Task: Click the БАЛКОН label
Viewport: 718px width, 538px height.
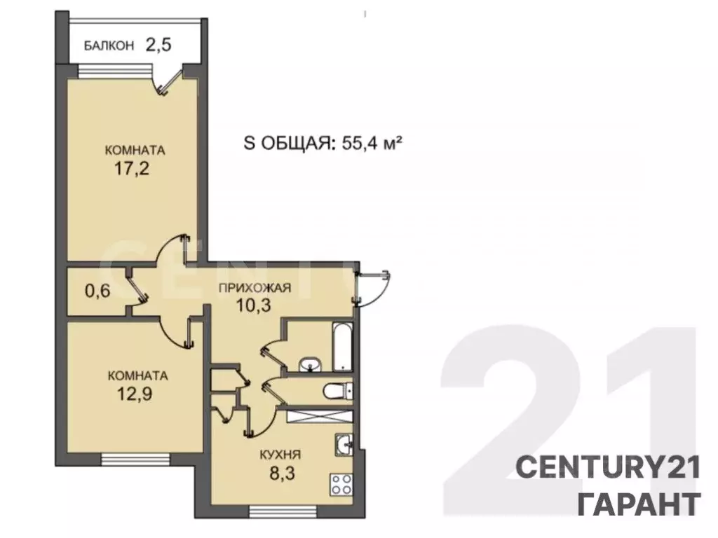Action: pos(109,47)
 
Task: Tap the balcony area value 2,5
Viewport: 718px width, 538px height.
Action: pos(158,46)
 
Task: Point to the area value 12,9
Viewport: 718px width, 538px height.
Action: pos(134,392)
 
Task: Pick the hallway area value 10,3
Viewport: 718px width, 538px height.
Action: pos(254,305)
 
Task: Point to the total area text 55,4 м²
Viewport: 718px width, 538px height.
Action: pos(371,144)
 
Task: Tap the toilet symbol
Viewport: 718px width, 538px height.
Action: pos(336,391)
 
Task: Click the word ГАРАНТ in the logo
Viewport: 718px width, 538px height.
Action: pos(638,503)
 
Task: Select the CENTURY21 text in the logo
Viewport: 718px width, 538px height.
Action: pos(608,467)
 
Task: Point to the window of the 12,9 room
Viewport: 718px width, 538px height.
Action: pos(131,460)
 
